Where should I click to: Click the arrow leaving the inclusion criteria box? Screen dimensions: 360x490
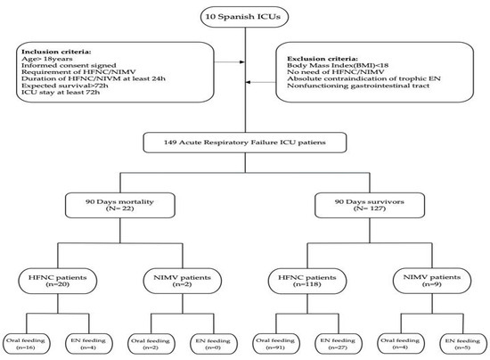coord(233,63)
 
